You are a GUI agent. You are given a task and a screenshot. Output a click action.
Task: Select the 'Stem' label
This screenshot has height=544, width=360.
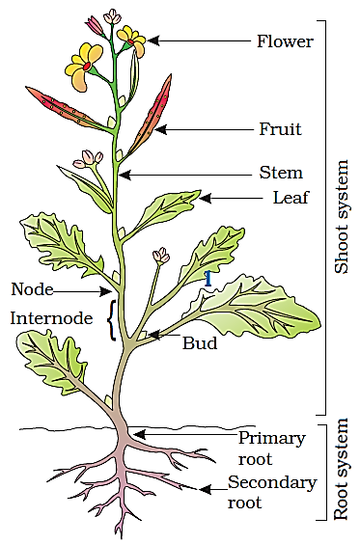(x=280, y=174)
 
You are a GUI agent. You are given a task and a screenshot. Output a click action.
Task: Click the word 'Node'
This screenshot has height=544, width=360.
(x=32, y=289)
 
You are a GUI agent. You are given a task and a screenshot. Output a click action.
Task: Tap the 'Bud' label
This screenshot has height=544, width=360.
(x=200, y=342)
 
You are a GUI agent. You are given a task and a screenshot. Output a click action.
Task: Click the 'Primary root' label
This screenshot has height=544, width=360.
(x=271, y=448)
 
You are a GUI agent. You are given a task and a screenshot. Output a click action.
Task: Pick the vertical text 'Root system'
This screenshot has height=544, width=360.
(x=341, y=472)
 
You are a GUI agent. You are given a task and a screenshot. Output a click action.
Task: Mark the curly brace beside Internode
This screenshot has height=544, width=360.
(x=113, y=319)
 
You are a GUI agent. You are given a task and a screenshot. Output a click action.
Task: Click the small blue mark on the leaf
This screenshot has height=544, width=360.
(x=208, y=278)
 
